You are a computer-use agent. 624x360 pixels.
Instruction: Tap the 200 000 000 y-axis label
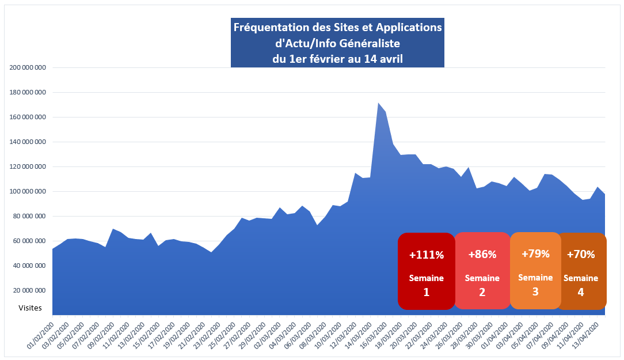click(x=28, y=67)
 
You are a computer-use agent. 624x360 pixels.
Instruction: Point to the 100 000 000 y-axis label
click(x=28, y=192)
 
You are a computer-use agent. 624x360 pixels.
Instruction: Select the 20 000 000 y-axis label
click(x=30, y=291)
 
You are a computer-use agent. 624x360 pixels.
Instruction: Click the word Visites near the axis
click(x=30, y=308)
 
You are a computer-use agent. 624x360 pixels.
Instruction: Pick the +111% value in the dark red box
click(x=426, y=254)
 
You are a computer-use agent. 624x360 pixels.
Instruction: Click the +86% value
click(x=482, y=254)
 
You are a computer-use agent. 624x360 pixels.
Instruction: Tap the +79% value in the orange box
click(x=535, y=253)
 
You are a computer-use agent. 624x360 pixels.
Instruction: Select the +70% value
click(x=581, y=254)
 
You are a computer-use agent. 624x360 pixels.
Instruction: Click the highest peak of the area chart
click(x=378, y=104)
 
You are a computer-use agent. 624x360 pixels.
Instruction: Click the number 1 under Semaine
click(x=426, y=292)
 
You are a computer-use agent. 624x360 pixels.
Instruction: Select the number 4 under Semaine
click(x=580, y=292)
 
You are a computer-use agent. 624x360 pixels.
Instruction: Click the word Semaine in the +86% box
click(x=482, y=278)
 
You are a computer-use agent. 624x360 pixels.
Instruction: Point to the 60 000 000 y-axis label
click(x=30, y=241)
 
